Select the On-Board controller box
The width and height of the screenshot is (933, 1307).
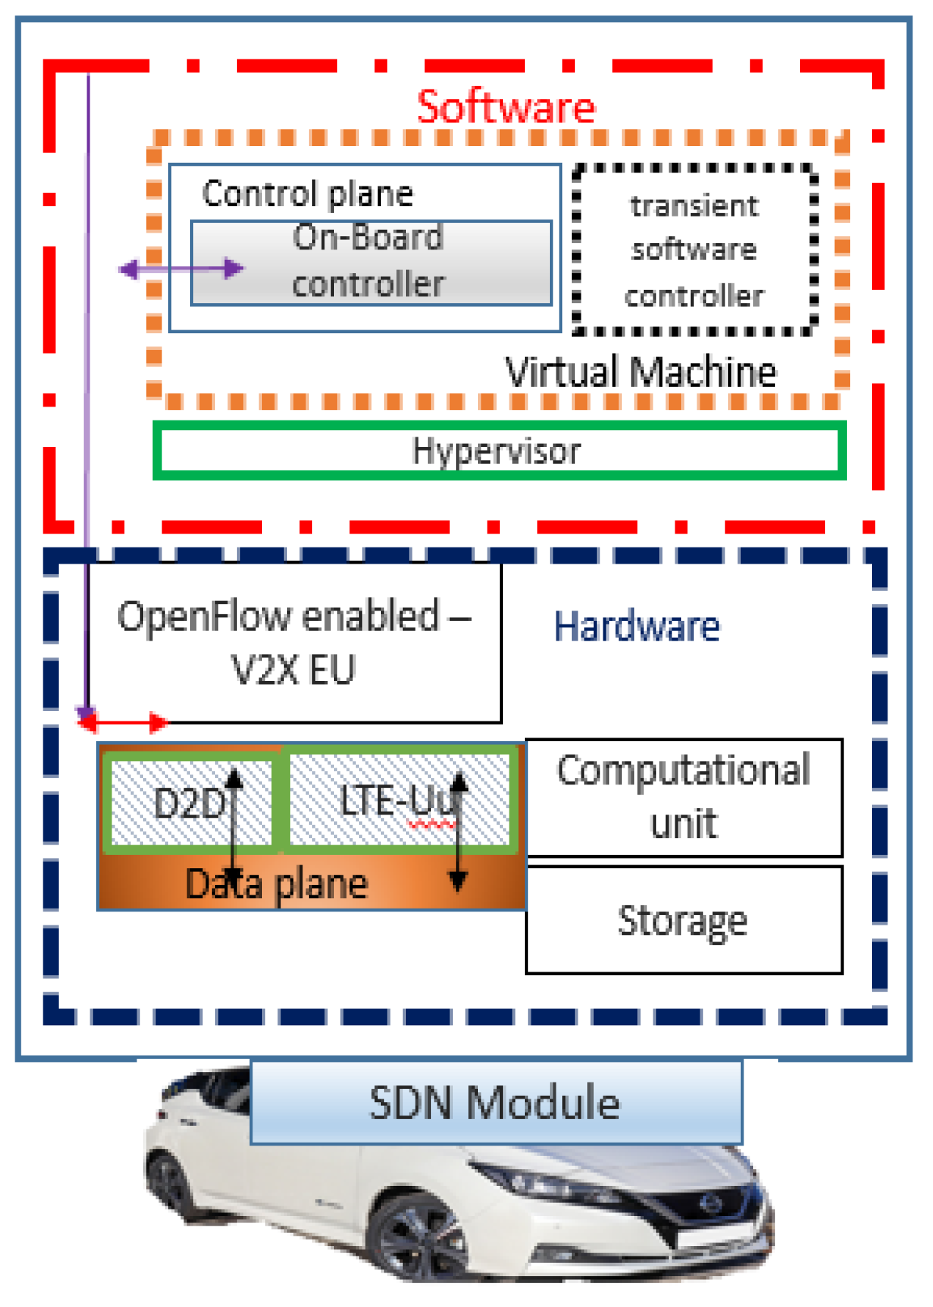click(x=371, y=262)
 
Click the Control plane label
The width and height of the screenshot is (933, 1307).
click(x=308, y=194)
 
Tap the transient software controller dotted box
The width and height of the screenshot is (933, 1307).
click(x=694, y=250)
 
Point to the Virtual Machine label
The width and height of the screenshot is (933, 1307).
click(x=640, y=371)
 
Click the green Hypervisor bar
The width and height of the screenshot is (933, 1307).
click(x=498, y=450)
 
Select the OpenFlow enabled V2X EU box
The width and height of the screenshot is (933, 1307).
click(x=294, y=642)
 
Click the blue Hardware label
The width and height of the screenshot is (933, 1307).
click(x=636, y=627)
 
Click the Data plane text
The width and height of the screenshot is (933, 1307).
click(x=277, y=884)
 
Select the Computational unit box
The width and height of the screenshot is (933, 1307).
click(x=683, y=797)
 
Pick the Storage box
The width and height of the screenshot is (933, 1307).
click(x=683, y=920)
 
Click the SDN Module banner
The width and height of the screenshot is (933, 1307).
click(x=495, y=1102)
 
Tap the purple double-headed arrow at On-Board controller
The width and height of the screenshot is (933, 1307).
click(x=181, y=269)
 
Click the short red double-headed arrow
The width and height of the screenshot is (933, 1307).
click(x=123, y=723)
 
